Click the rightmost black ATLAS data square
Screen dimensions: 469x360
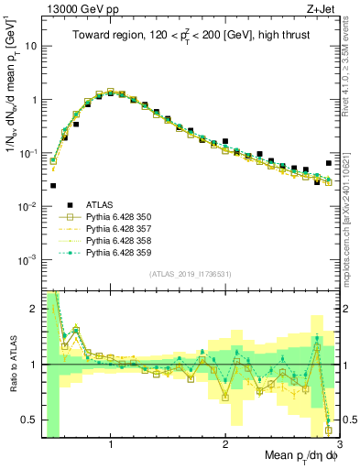(x=329, y=163)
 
